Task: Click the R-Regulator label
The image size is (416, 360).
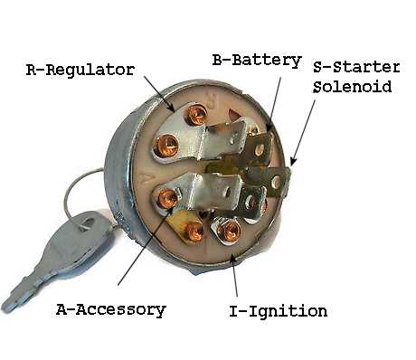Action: (x=80, y=70)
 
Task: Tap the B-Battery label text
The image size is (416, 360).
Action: (x=257, y=61)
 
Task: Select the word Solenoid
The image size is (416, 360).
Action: (x=352, y=87)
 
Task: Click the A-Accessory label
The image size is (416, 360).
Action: (x=111, y=309)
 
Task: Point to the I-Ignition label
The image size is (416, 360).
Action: (x=278, y=311)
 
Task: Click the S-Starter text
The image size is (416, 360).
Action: (x=356, y=67)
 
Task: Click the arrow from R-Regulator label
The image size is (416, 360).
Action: (x=159, y=93)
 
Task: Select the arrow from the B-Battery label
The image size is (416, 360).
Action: (x=274, y=104)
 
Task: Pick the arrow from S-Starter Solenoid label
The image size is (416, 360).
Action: (x=303, y=133)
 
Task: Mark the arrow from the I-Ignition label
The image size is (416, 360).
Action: (x=234, y=275)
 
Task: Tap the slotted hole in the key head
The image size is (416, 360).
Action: (x=87, y=223)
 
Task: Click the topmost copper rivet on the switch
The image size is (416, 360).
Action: (x=196, y=115)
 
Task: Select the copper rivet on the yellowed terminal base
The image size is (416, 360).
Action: (x=194, y=232)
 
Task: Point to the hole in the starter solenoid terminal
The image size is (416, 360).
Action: (x=276, y=182)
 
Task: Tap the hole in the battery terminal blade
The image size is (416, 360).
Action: (x=260, y=149)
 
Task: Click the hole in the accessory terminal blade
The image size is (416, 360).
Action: (x=228, y=191)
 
